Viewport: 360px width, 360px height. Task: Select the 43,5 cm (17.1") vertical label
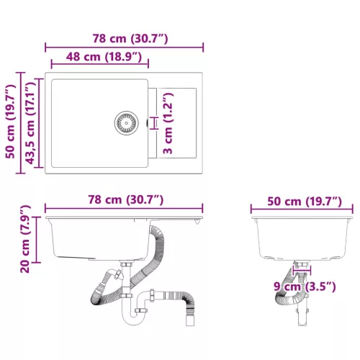tap(30, 125)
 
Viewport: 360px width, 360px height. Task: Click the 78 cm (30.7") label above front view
tap(125, 199)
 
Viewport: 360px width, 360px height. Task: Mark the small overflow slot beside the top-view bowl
tap(148, 123)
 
